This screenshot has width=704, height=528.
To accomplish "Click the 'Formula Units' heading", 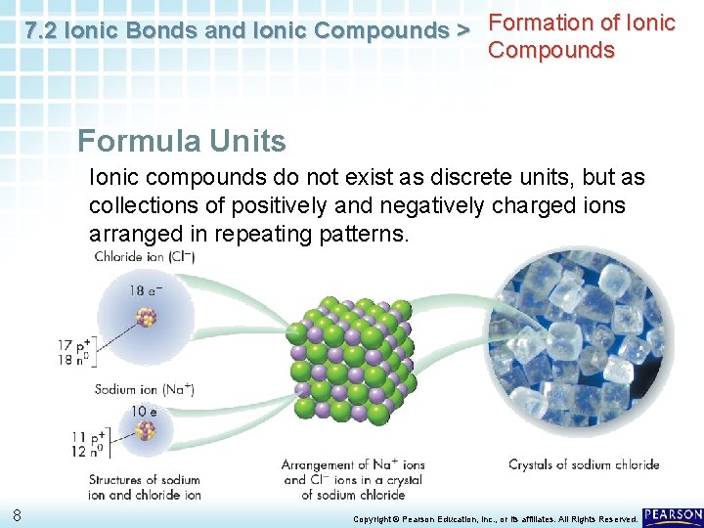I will tap(182, 141).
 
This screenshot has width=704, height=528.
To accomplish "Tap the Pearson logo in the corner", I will tap(673, 515).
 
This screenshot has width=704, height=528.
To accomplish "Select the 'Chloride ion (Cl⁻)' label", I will tap(145, 257).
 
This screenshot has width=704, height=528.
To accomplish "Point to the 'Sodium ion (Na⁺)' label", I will tap(144, 389).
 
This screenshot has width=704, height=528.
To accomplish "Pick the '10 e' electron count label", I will tap(143, 411).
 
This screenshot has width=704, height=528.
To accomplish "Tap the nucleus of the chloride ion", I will tap(147, 318).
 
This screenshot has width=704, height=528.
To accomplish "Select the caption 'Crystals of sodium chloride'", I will tap(584, 464).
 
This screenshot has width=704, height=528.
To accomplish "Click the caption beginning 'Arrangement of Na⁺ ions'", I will tap(353, 479).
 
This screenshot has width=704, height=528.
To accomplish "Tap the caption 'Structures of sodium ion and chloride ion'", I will tap(144, 487).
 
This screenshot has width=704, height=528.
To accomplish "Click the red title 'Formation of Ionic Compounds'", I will tap(582, 36).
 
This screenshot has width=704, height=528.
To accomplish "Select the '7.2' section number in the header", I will tap(40, 31).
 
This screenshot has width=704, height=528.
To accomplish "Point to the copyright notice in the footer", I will tap(495, 518).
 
